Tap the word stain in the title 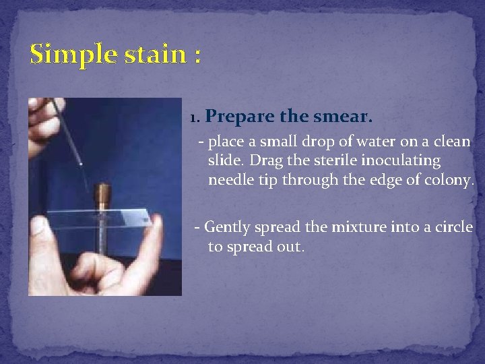154,53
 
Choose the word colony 452,181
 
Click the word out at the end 291,247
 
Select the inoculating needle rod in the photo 67,131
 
